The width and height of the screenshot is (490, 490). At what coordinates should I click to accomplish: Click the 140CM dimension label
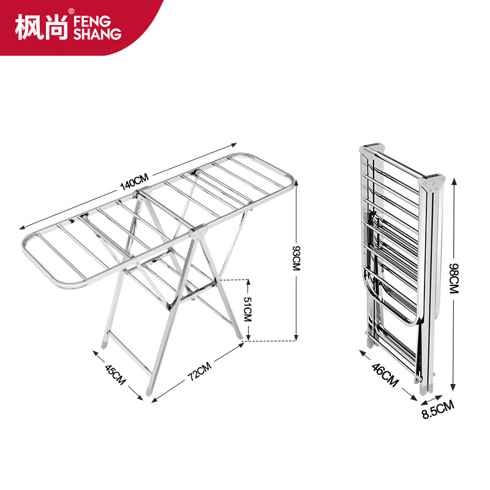click(x=134, y=182)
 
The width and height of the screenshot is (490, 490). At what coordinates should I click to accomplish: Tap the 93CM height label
click(x=296, y=258)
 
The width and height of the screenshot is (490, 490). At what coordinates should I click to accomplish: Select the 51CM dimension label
click(x=247, y=309)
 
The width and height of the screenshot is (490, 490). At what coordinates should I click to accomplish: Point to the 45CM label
click(x=115, y=374)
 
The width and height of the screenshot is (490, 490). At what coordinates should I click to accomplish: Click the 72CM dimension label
click(x=200, y=371)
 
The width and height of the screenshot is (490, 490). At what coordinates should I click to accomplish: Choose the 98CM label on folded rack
click(x=454, y=279)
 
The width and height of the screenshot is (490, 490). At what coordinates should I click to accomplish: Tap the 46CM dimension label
click(x=385, y=375)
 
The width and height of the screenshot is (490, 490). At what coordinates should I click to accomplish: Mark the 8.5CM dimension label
click(x=438, y=410)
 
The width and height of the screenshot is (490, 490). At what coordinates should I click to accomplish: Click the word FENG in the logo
click(x=92, y=21)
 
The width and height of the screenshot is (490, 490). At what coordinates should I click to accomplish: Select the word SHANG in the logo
click(x=97, y=34)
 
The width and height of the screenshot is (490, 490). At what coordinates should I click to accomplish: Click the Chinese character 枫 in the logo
click(x=28, y=27)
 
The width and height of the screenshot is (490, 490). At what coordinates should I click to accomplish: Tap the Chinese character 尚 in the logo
click(x=56, y=27)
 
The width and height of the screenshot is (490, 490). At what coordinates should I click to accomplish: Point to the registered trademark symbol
click(x=72, y=11)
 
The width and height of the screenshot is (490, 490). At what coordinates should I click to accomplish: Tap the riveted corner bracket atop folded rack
click(x=432, y=184)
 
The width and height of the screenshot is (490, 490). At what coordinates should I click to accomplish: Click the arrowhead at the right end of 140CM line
click(x=234, y=145)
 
